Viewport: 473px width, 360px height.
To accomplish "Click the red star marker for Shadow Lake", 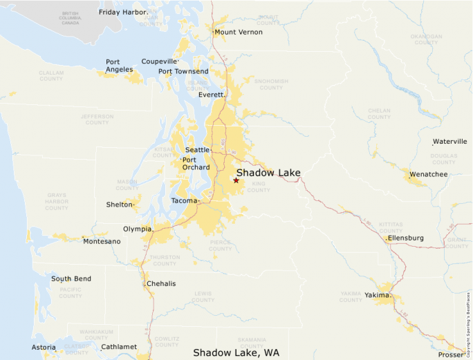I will click(x=236, y=180).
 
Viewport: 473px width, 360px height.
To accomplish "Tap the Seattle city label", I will click(x=197, y=150).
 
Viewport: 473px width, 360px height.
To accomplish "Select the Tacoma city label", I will click(x=184, y=201).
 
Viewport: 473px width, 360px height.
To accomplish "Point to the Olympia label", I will click(x=136, y=229).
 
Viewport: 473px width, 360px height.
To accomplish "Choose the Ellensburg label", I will click(x=406, y=238).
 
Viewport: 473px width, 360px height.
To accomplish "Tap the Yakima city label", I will click(x=378, y=296).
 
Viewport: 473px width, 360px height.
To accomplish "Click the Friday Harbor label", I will click(x=123, y=12).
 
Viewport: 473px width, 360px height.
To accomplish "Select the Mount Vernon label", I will click(x=239, y=32).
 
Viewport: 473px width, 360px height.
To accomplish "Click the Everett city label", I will click(x=211, y=95).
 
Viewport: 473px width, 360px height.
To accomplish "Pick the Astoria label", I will click(x=44, y=347).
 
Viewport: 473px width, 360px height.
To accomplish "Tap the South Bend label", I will click(x=71, y=279).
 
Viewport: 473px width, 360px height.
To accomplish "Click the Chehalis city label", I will click(x=161, y=284).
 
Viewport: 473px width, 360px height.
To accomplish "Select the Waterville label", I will click(x=450, y=142).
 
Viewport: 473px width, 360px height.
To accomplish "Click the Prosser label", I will click(x=452, y=355).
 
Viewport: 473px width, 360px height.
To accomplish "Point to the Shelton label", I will click(x=119, y=205).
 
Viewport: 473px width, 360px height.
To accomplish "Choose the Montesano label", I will click(x=102, y=241).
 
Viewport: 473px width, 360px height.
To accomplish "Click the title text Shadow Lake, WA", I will click(x=236, y=352).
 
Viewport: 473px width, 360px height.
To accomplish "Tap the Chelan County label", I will click(x=380, y=113).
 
